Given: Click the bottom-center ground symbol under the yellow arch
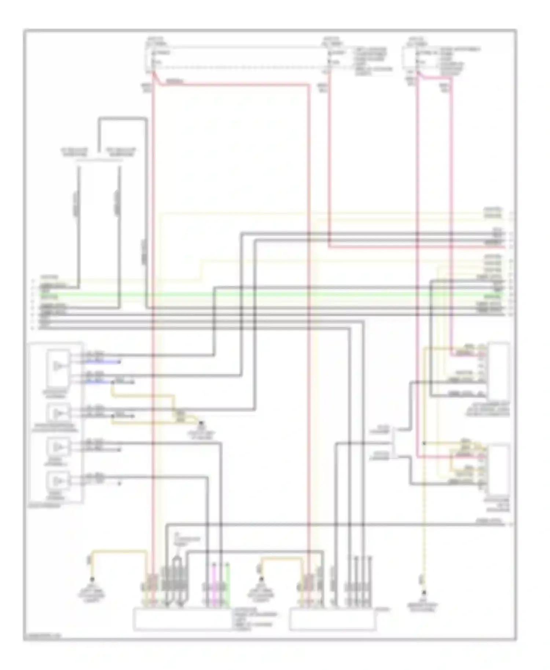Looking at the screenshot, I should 261,580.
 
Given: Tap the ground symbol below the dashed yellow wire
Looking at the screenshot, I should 424,592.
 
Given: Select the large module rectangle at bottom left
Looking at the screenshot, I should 182,619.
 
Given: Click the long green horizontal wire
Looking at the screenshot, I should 271,294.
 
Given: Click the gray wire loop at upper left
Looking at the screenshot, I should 123,118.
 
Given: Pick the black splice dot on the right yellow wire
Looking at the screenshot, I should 424,443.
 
